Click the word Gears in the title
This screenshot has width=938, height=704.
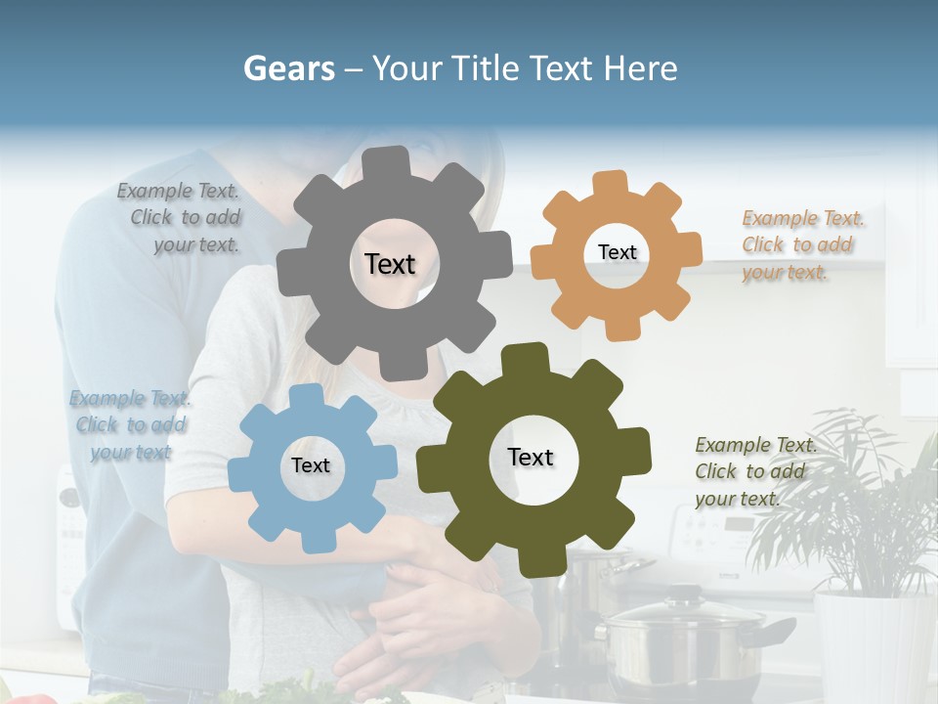coord(288,68)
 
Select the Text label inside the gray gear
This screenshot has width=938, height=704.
coord(390,264)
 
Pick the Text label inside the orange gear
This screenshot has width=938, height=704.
coord(617,252)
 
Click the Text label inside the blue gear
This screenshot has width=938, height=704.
coord(311,465)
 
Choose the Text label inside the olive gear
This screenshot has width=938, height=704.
coord(531,457)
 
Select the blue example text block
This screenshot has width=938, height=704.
coord(130,424)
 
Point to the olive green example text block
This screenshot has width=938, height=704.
coord(752,471)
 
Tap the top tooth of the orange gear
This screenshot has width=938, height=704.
coord(610,183)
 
